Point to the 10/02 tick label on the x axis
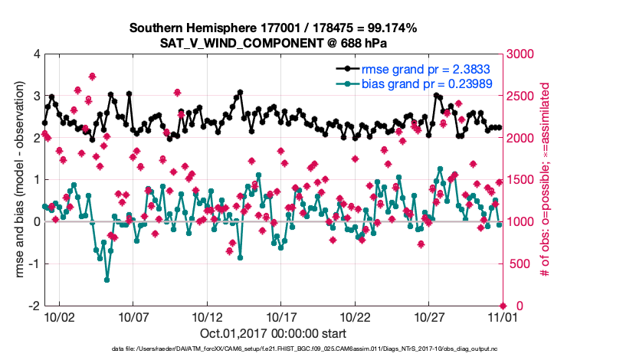[x=60, y=316]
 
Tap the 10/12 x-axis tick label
[x=207, y=316]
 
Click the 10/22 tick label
[x=355, y=316]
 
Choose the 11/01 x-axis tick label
[x=502, y=316]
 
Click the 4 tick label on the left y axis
[x=36, y=54]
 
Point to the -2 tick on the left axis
[x=34, y=306]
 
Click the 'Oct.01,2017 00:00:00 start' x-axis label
[x=273, y=333]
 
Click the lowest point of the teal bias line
[x=107, y=280]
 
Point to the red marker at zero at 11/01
[x=502, y=306]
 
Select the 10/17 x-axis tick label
[x=280, y=316]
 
